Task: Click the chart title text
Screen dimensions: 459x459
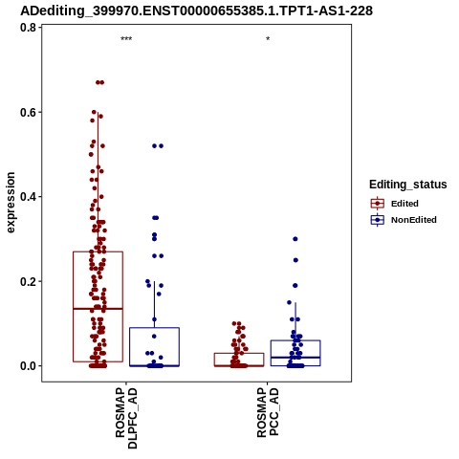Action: tap(196, 11)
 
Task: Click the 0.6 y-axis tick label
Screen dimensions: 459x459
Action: tap(28, 112)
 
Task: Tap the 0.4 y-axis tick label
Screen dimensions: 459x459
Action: tap(28, 197)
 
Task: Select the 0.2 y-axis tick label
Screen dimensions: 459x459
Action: tap(28, 281)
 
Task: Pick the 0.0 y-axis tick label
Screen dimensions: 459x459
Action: tap(28, 366)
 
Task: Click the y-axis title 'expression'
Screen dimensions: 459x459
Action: tap(11, 203)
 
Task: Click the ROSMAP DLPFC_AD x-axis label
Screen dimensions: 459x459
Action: tap(126, 418)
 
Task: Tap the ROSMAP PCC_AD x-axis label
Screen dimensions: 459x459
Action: tap(268, 412)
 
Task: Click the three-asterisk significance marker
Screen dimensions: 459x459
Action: tap(126, 39)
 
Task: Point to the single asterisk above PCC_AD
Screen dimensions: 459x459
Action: tap(268, 39)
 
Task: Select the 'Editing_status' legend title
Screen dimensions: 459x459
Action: tap(408, 185)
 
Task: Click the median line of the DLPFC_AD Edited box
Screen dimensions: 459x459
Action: tap(98, 309)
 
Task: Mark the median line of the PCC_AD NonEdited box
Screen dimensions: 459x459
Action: tap(295, 358)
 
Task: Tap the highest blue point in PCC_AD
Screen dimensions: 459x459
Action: tap(295, 239)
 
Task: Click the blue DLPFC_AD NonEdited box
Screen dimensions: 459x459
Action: tap(154, 347)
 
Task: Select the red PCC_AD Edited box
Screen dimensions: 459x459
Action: tap(239, 360)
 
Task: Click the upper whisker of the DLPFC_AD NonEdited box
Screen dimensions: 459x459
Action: tap(154, 304)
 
